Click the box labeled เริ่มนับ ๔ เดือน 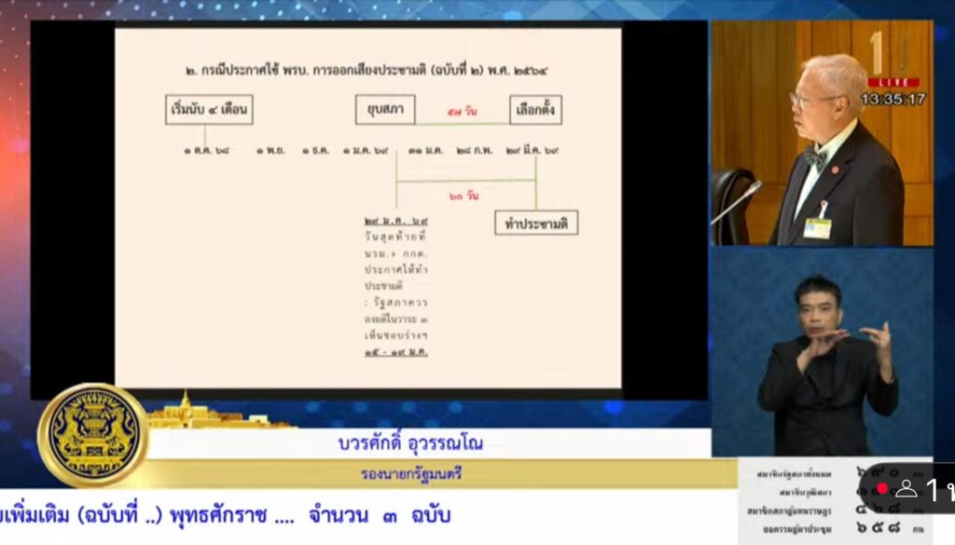pos(207,110)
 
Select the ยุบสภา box pos(384,110)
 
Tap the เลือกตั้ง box pos(535,110)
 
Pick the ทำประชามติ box pos(536,223)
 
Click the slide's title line pos(368,70)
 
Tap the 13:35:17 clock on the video pos(893,98)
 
